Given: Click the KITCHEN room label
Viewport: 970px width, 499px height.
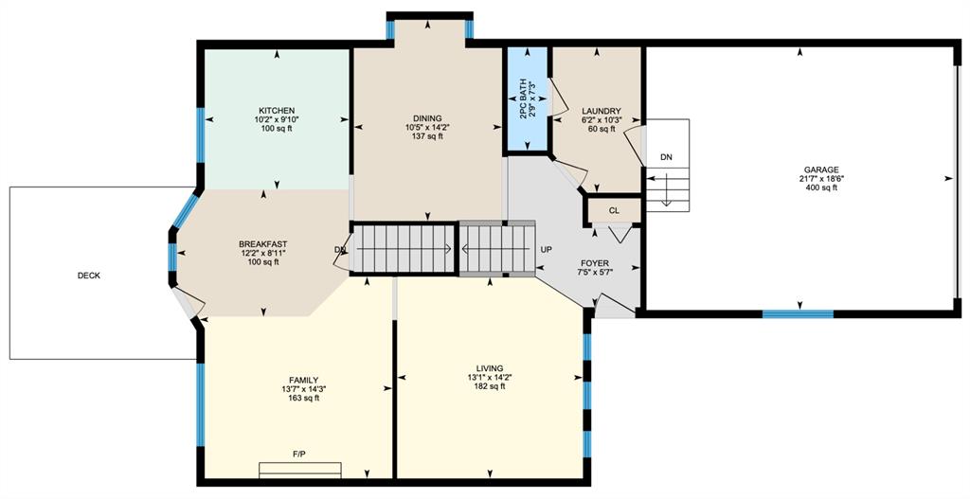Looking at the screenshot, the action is pos(277,111).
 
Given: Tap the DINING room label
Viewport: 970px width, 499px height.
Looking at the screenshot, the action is pos(427,118).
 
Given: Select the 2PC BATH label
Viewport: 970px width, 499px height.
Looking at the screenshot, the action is pos(523,98).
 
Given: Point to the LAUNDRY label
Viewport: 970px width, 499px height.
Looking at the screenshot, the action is pos(597,112).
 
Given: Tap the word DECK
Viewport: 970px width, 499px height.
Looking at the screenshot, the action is pos(89,276).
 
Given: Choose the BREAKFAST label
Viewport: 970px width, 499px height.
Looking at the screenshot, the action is pos(263,244).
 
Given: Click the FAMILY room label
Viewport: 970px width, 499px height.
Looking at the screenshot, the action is pos(304,380).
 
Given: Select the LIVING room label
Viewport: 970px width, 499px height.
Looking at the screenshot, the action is pos(490,368).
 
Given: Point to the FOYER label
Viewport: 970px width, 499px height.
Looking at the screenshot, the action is pos(595,263).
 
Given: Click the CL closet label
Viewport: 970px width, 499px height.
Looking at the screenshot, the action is pos(614,211).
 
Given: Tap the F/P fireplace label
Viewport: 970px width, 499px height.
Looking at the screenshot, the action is pos(299,454).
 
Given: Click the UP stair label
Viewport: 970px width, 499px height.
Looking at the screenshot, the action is pos(547,250).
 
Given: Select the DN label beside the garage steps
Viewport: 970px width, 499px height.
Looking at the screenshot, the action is pos(666,157).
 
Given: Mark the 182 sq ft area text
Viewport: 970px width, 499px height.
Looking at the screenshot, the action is pos(490,386).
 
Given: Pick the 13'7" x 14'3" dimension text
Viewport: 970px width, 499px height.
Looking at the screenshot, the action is pos(304,389).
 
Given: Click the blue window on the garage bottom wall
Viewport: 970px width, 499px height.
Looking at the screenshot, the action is pos(798,314).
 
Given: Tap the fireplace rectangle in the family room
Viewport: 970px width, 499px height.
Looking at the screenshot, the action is pos(300,470).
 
